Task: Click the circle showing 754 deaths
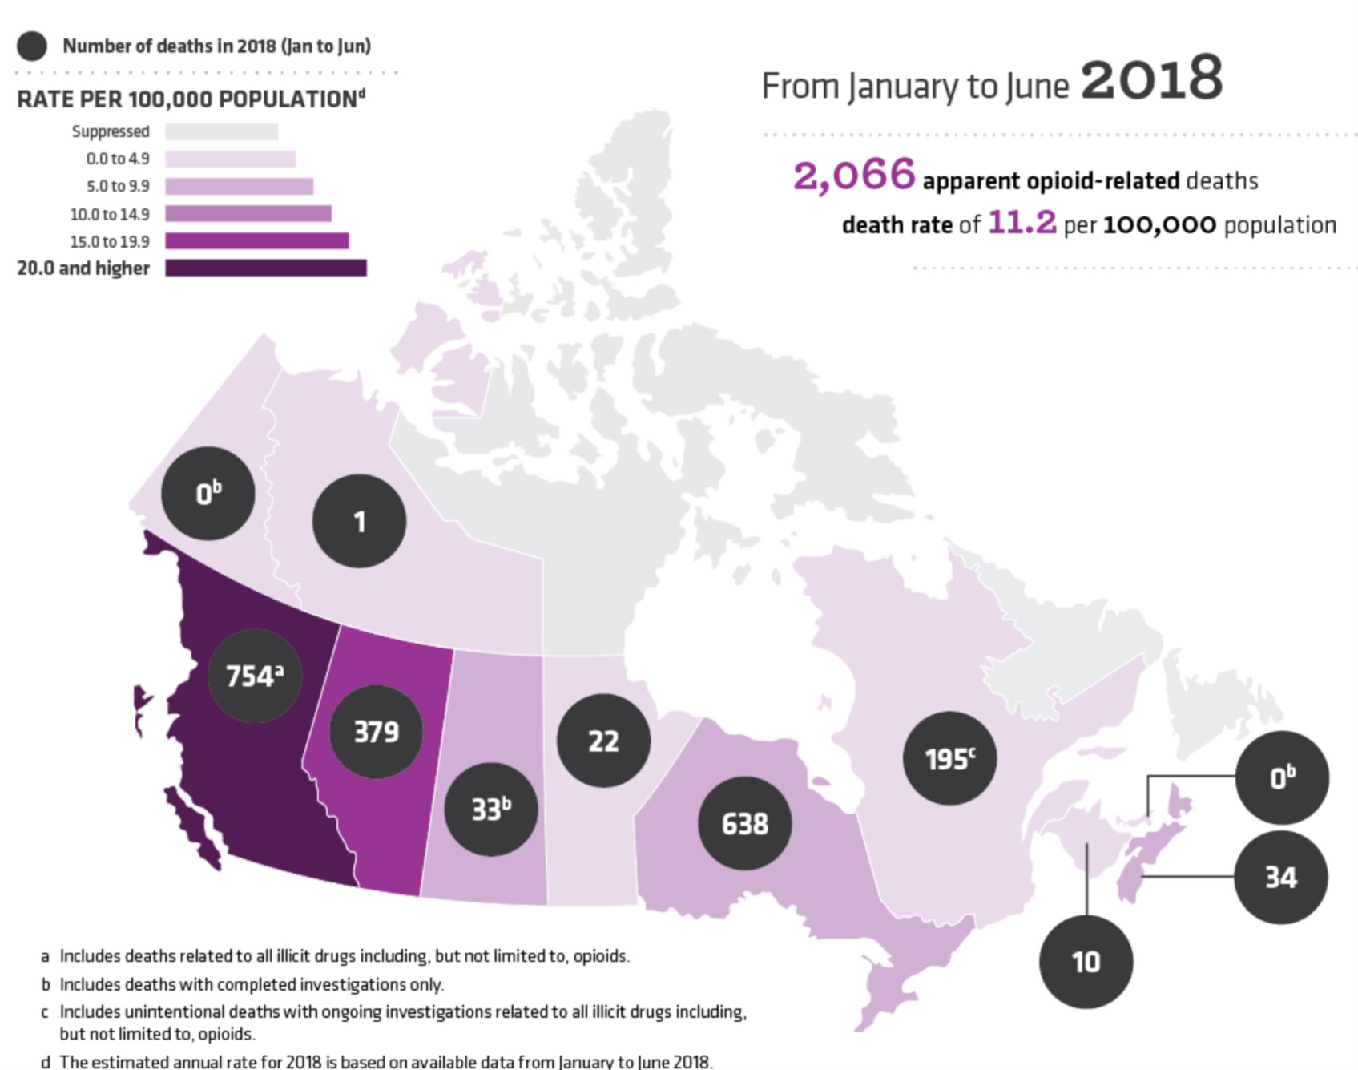click(255, 676)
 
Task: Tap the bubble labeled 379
click(376, 731)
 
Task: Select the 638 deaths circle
click(745, 823)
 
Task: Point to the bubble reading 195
click(949, 758)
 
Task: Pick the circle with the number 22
click(603, 741)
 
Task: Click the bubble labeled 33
click(490, 809)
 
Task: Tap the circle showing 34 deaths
click(1280, 877)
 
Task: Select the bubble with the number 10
click(1086, 961)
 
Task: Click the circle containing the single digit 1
click(359, 521)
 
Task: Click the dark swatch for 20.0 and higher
click(266, 269)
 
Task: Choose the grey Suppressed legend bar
click(221, 131)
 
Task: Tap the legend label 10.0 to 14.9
click(110, 214)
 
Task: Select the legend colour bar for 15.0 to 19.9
click(256, 241)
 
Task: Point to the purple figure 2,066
click(853, 176)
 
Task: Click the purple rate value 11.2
click(1022, 222)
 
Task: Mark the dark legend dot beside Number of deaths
click(32, 46)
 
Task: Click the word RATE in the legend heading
click(47, 99)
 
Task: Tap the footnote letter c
click(45, 1012)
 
